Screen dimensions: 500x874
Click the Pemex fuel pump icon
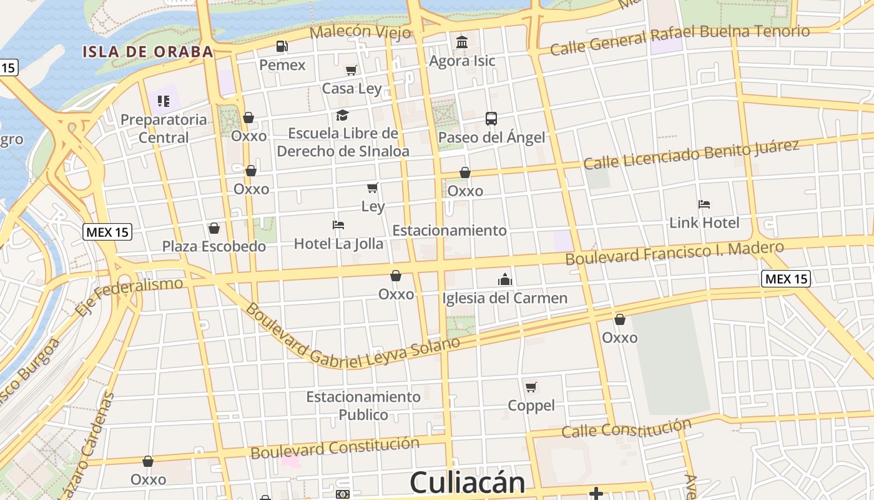[282, 46]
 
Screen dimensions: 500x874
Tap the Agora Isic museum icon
[462, 42]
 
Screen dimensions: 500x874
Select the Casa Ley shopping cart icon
[351, 71]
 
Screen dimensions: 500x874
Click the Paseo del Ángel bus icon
[491, 119]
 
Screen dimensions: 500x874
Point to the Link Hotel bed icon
[704, 204]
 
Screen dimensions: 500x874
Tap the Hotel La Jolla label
[338, 244]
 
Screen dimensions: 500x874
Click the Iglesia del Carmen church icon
[505, 279]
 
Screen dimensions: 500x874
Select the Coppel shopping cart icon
[531, 387]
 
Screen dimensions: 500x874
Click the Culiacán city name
[467, 483]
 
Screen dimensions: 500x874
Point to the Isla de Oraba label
[148, 52]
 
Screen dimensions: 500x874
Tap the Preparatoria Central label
[164, 128]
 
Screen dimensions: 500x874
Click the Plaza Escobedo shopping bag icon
[214, 228]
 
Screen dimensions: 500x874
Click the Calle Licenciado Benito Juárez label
[691, 154]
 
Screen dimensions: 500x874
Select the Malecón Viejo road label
[360, 31]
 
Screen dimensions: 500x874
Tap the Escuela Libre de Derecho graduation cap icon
[342, 116]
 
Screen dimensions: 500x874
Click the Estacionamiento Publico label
[363, 406]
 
